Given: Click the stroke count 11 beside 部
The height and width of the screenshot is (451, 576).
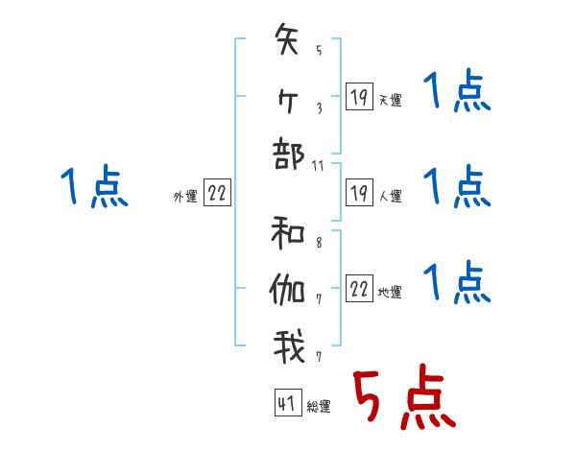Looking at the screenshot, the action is click(x=319, y=166).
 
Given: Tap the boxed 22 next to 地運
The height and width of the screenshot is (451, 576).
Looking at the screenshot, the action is click(x=359, y=290).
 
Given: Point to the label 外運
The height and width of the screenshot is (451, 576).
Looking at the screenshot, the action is click(x=184, y=196).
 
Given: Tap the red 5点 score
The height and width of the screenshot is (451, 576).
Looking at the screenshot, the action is click(x=403, y=398).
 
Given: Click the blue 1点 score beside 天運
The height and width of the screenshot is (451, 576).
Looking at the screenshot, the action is click(x=457, y=93).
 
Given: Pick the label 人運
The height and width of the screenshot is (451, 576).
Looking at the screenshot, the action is click(x=391, y=196).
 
